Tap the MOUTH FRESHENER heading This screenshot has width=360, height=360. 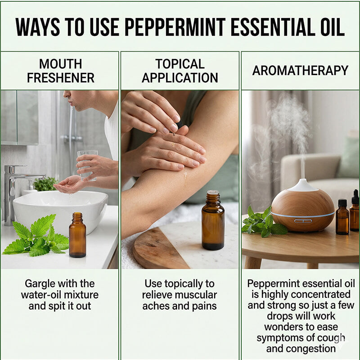pos(60,71)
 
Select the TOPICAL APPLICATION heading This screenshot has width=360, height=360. pos(180,71)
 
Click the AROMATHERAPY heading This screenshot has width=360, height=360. pos(300,71)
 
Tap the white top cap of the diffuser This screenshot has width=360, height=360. pos(302,185)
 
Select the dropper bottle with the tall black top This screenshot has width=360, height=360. pos(355,211)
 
